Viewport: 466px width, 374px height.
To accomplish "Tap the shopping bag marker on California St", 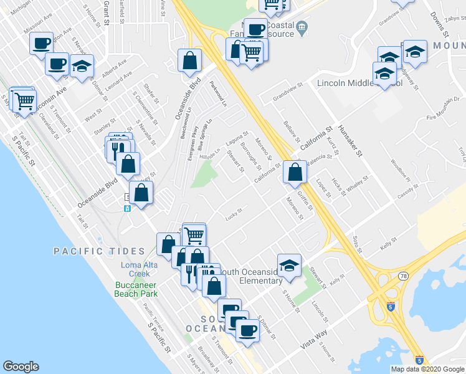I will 295,172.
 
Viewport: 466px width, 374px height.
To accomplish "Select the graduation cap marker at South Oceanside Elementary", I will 289,264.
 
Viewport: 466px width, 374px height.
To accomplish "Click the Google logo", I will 21,367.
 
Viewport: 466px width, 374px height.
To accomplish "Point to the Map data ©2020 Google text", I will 428,369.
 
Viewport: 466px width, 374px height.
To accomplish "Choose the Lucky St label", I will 234,214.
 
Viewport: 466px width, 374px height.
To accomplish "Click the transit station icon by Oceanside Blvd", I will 126,208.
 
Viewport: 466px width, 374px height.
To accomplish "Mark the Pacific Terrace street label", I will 153,317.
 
